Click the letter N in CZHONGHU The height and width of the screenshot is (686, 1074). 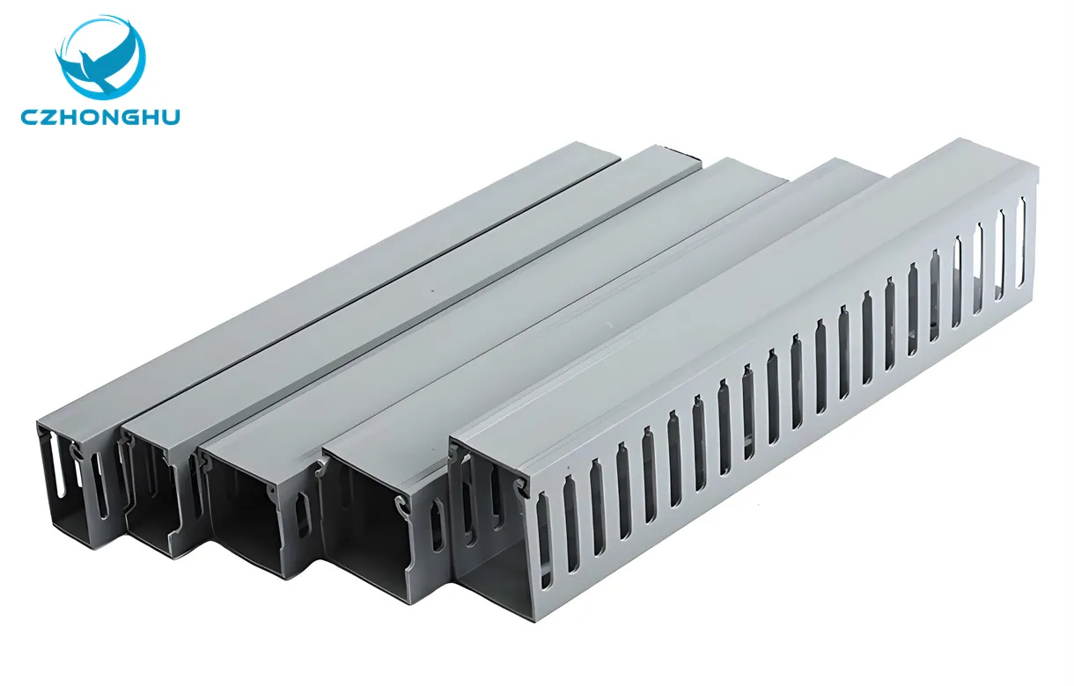click(109, 116)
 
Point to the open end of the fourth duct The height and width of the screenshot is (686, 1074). click(370, 536)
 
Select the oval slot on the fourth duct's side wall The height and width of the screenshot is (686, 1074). click(435, 528)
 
